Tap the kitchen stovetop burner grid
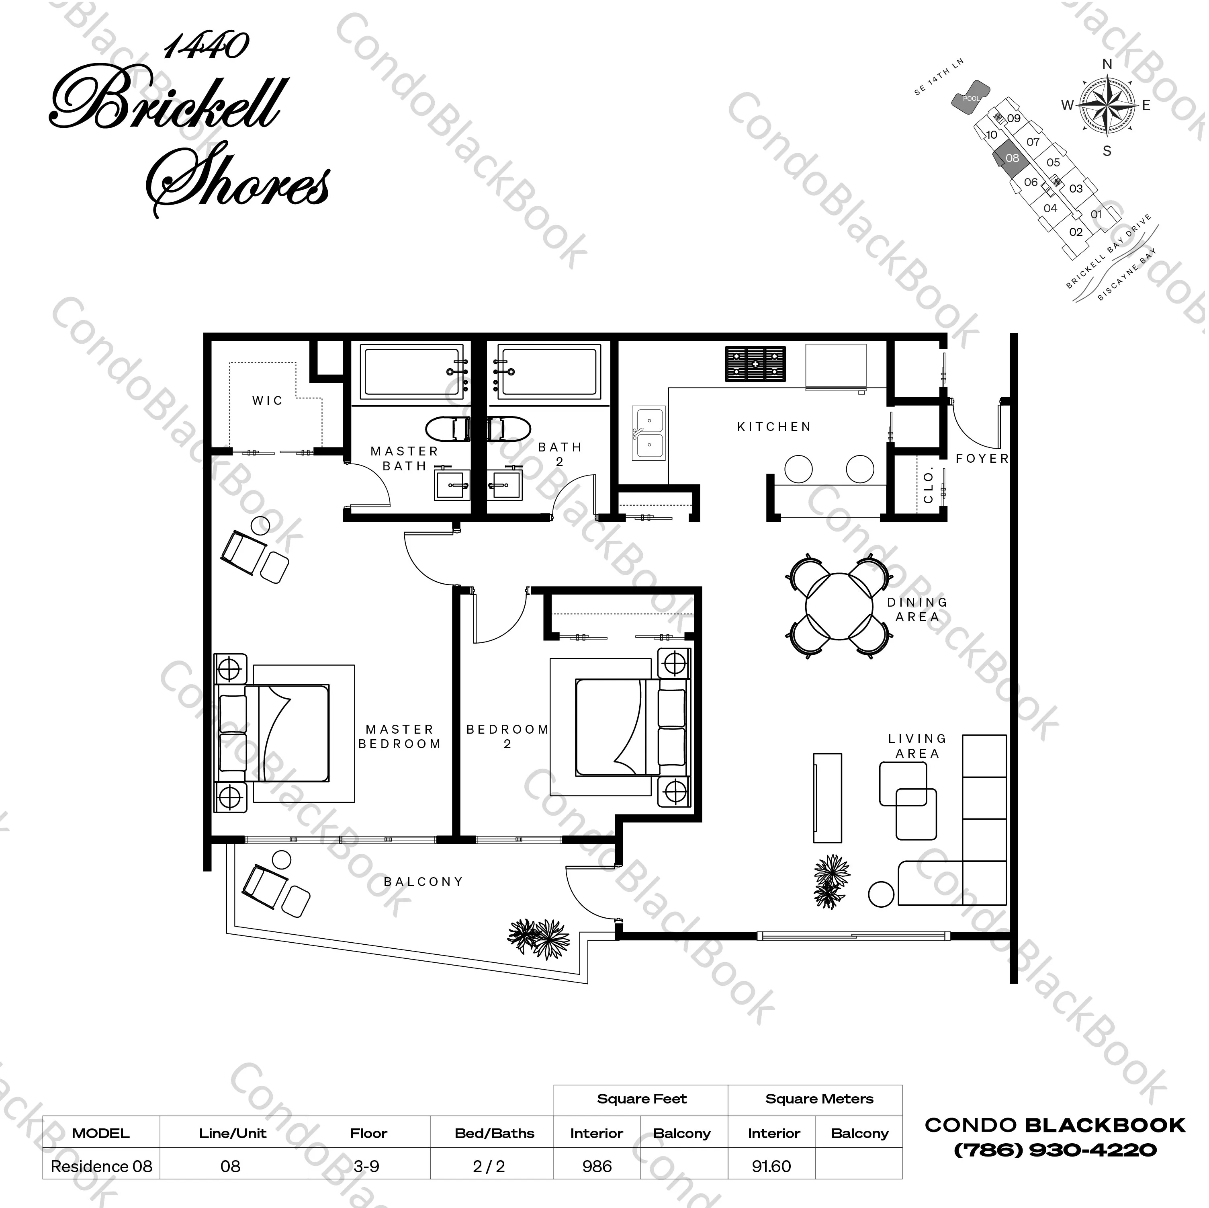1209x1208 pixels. (x=755, y=364)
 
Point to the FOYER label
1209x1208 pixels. (x=982, y=458)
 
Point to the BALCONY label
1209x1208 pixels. (x=423, y=882)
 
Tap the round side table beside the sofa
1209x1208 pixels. (x=881, y=894)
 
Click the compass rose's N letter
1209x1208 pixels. (x=1107, y=64)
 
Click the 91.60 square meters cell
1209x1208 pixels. (x=771, y=1166)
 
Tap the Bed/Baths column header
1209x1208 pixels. (x=494, y=1133)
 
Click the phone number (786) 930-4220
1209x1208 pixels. (x=1055, y=1150)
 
